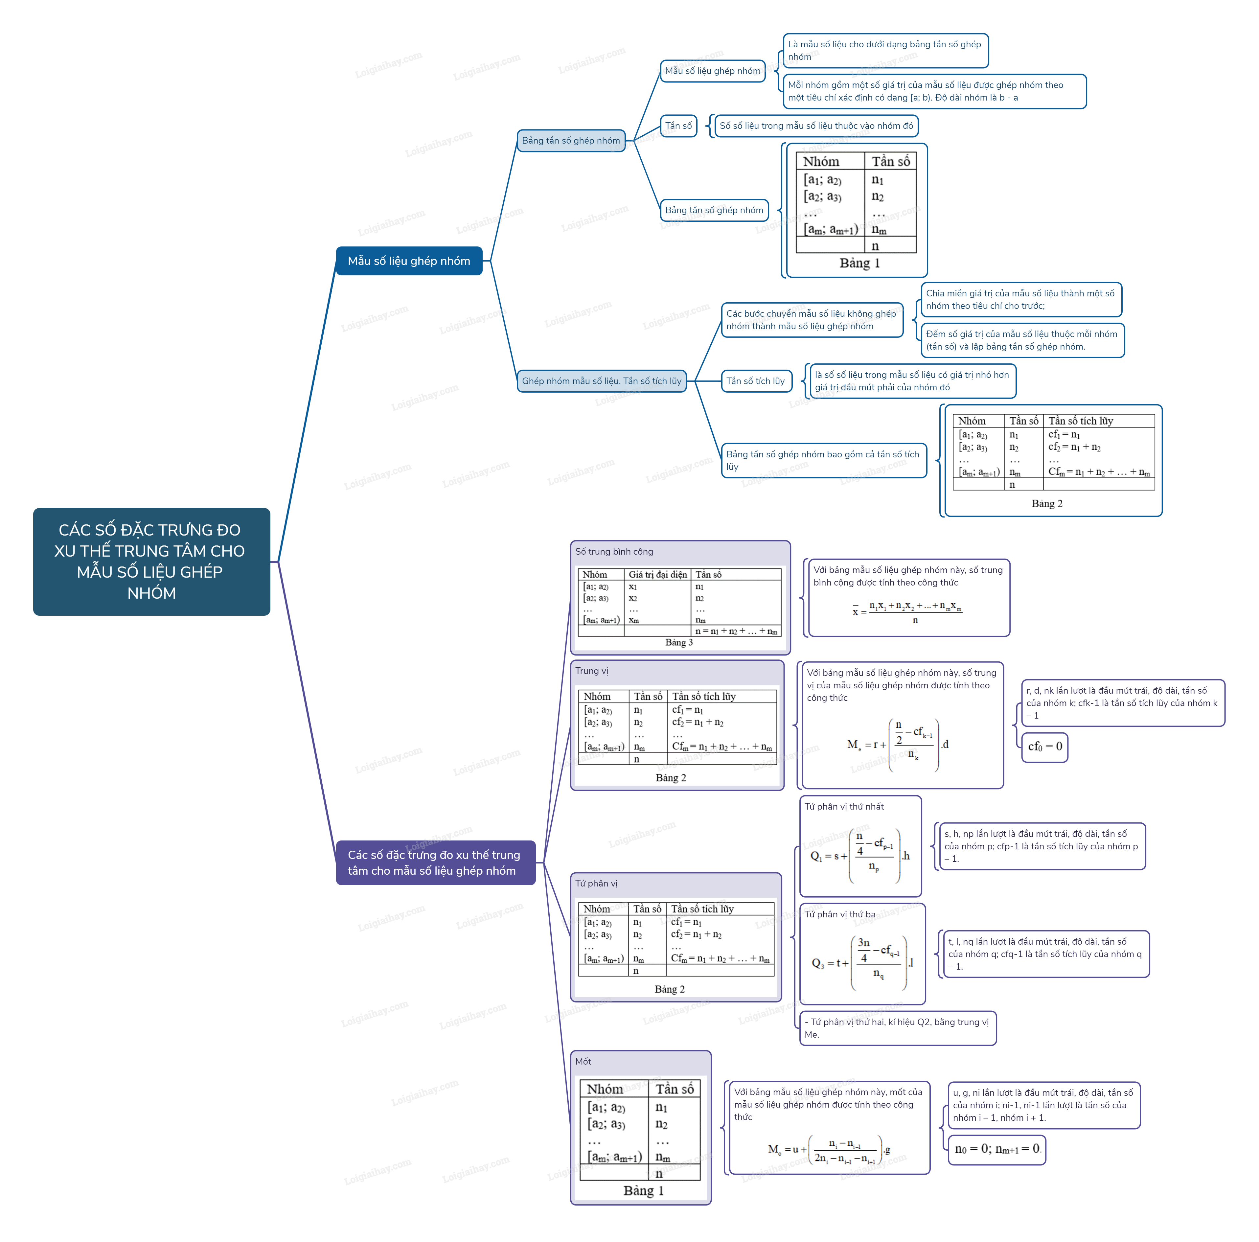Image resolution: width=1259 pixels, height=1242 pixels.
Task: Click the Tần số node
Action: pyautogui.click(x=678, y=126)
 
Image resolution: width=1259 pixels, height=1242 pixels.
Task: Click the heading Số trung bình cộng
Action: pyautogui.click(x=614, y=552)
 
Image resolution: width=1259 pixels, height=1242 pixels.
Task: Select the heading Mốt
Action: pyautogui.click(x=583, y=1062)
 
